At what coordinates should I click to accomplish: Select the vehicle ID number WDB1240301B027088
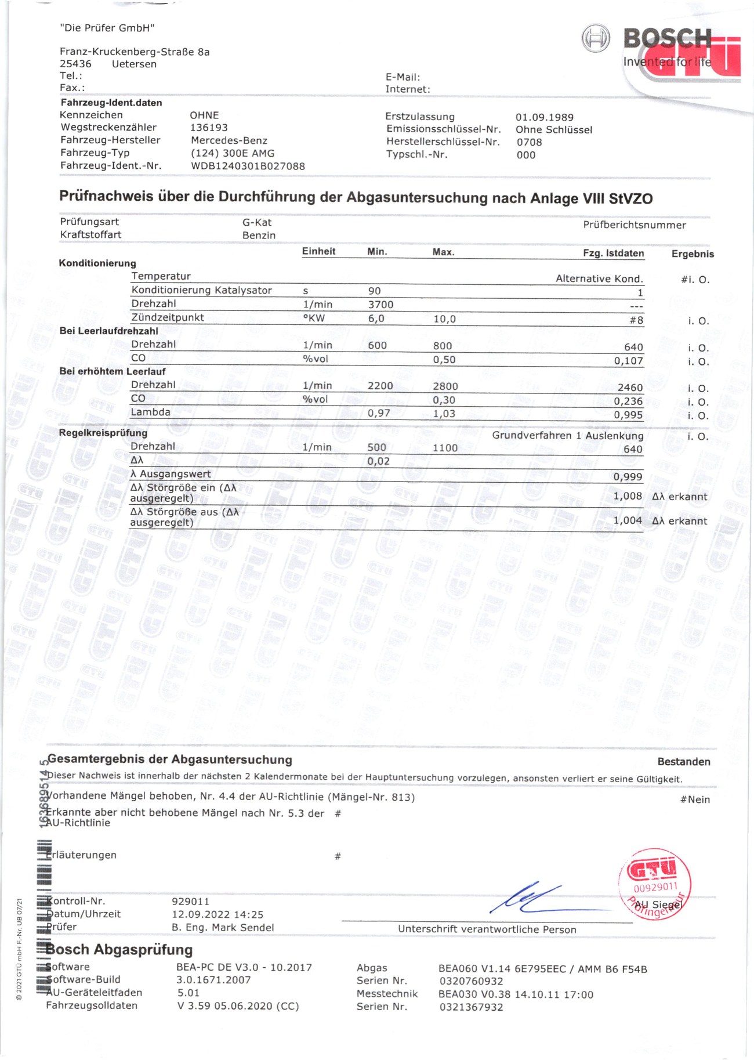click(x=248, y=166)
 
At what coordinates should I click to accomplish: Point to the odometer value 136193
click(x=209, y=128)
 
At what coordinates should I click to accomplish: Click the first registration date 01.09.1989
click(x=544, y=117)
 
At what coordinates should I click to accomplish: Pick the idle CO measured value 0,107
click(x=628, y=361)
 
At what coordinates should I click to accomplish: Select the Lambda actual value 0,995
click(x=628, y=415)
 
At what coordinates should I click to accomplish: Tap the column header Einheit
click(x=318, y=251)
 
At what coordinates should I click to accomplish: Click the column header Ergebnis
click(x=693, y=254)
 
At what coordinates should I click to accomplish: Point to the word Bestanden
click(x=683, y=762)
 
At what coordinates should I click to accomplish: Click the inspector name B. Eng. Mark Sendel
click(x=223, y=927)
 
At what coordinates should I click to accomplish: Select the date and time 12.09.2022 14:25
click(x=217, y=914)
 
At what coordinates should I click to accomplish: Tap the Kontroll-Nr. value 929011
click(x=190, y=902)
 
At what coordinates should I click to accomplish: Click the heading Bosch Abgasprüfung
click(x=119, y=950)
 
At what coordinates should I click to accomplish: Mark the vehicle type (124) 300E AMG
click(x=233, y=153)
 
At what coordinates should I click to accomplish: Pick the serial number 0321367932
click(x=471, y=1007)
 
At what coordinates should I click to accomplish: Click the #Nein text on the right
click(x=695, y=799)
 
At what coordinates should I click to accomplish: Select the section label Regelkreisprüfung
click(x=103, y=433)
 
